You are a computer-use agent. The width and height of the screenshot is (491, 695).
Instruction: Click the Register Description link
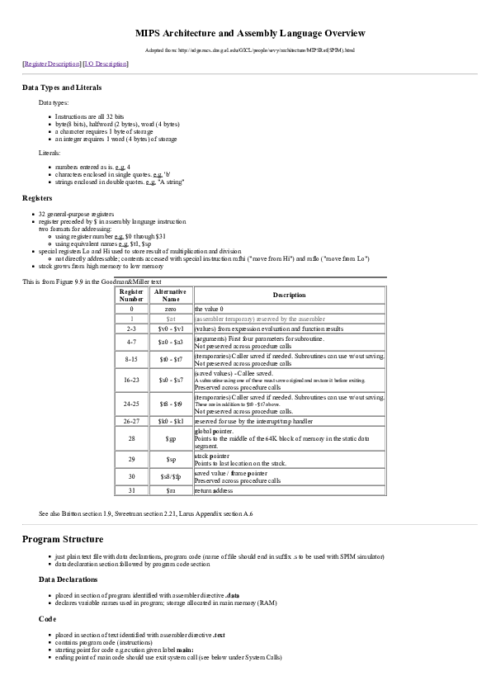point(52,64)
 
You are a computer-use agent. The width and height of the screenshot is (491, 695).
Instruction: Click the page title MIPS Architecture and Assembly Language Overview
point(250,33)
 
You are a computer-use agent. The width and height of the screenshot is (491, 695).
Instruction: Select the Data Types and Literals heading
point(62,87)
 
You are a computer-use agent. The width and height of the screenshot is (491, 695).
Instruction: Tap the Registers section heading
point(37,199)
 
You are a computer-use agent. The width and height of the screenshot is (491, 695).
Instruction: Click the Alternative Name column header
point(171,295)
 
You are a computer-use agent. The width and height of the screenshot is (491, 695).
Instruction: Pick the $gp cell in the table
point(171,439)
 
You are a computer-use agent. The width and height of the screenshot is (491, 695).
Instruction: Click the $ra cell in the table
point(171,490)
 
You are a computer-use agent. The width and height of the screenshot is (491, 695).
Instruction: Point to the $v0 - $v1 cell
point(171,329)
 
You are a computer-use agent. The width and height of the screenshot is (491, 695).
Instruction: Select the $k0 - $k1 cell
point(171,420)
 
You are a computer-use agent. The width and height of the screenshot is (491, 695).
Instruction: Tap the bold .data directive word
point(233,594)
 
